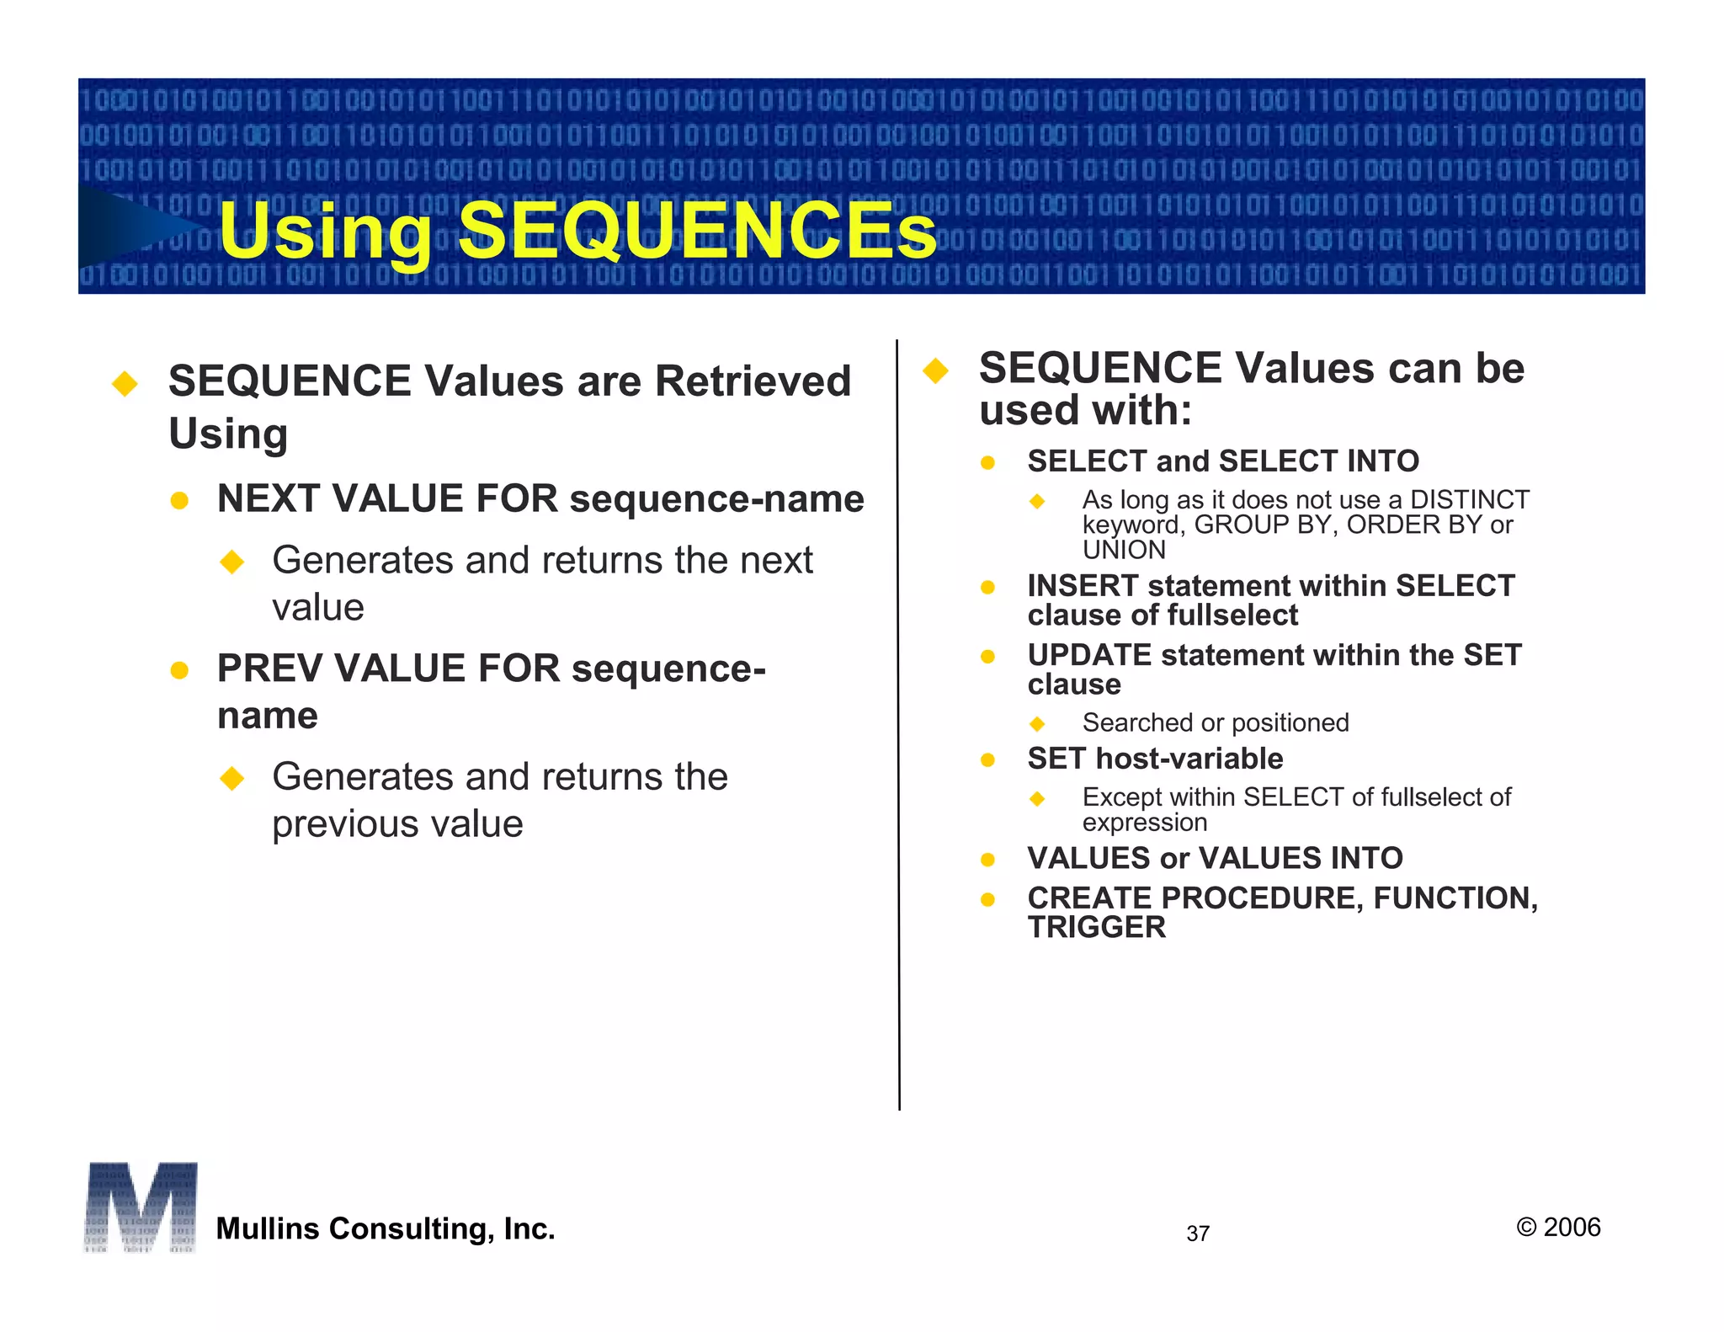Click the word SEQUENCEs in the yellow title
(697, 231)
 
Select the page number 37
(1198, 1233)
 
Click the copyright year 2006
(1572, 1228)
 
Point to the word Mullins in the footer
(267, 1228)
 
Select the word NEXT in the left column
(269, 498)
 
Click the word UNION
(1124, 550)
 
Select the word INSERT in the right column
(1083, 586)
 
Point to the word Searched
(1137, 722)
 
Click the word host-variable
(1189, 759)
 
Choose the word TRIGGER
(1097, 927)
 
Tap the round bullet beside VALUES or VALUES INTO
(988, 860)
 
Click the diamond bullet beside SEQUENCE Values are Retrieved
(125, 384)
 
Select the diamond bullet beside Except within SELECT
(1037, 798)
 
